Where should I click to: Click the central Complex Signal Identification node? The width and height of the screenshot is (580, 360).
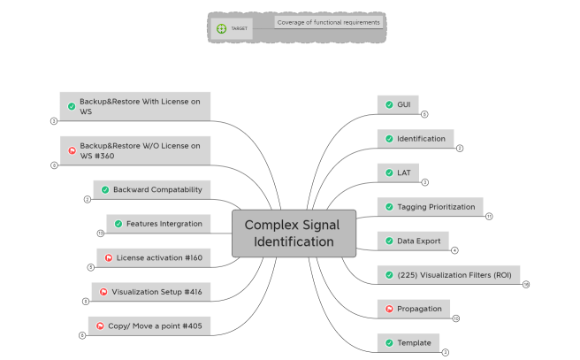294,233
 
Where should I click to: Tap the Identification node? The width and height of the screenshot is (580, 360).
416,139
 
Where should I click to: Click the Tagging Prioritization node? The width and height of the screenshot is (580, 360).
430,207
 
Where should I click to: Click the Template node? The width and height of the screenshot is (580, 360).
408,342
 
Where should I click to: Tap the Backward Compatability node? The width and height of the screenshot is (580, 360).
151,189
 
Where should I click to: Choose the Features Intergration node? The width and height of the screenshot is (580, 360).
158,224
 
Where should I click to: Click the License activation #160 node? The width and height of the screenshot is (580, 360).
153,257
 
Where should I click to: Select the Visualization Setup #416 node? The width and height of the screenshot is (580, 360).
151,292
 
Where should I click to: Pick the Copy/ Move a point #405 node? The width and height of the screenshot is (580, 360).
149,326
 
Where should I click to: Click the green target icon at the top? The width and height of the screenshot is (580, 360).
221,28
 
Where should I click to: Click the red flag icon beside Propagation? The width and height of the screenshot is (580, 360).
389,309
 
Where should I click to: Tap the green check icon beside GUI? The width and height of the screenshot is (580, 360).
389,104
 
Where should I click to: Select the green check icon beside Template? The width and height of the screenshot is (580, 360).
389,342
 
